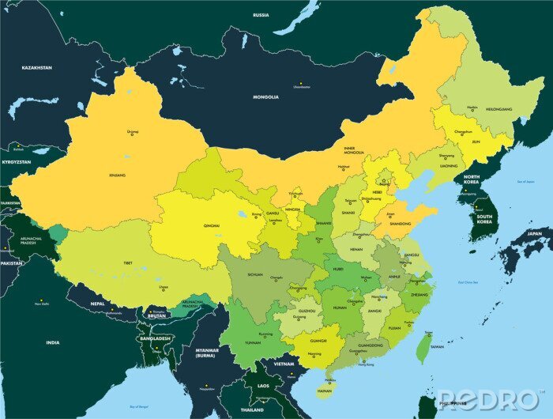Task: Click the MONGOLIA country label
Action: tap(265, 97)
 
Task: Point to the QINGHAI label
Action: tap(212, 225)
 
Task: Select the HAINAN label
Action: tap(324, 391)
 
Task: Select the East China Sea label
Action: tap(471, 283)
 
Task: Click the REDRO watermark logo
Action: tap(487, 399)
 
